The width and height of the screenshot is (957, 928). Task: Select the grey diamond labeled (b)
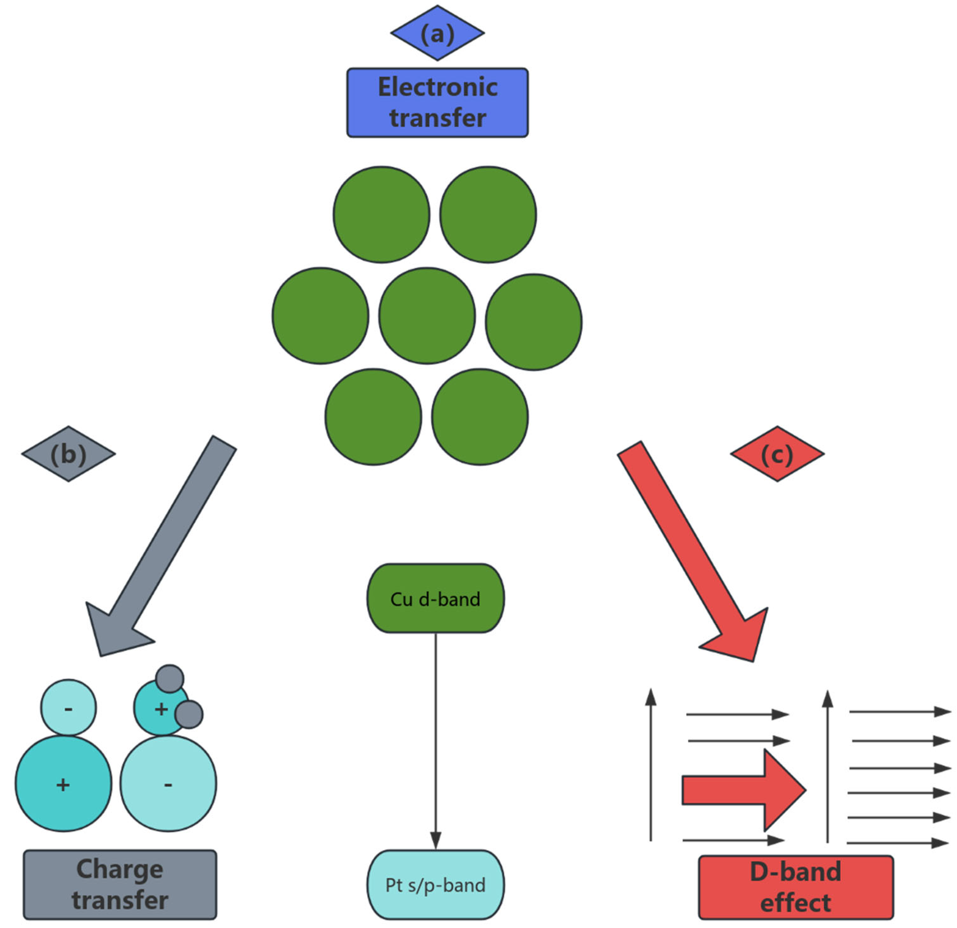[x=68, y=454]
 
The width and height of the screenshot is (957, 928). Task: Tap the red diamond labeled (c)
[x=777, y=454]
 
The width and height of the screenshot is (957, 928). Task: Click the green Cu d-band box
[x=435, y=598]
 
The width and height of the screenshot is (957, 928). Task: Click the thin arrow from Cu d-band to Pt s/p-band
[x=435, y=732]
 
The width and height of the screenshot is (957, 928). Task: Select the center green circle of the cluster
[x=427, y=316]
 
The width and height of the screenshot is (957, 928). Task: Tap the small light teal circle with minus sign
[x=68, y=708]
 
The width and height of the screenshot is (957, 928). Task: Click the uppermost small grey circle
[x=170, y=679]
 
